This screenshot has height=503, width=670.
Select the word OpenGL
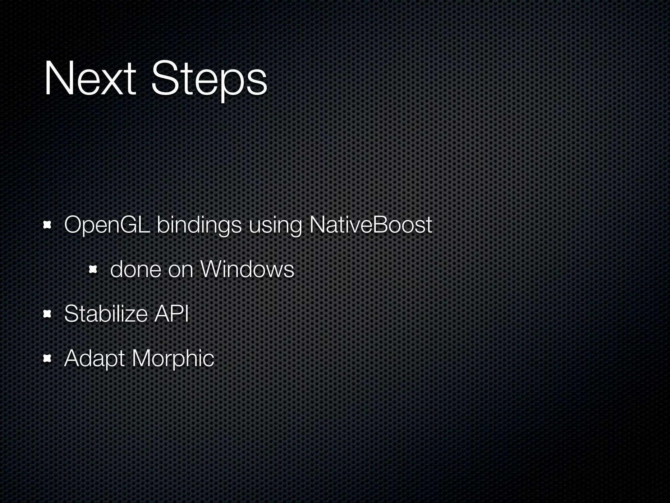pos(107,225)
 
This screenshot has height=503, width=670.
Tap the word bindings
pos(199,226)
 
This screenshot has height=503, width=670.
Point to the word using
pos(275,226)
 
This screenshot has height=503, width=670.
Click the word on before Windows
pos(180,270)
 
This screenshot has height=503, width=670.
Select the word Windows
pos(247,269)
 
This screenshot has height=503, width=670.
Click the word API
pos(171,313)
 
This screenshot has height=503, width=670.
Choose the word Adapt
pos(94,359)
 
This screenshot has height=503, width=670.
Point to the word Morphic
pos(173,358)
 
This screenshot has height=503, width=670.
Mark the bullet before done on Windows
pos(93,270)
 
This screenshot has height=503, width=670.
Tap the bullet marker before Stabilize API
pos(48,314)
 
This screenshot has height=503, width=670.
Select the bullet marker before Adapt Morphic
pos(48,359)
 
